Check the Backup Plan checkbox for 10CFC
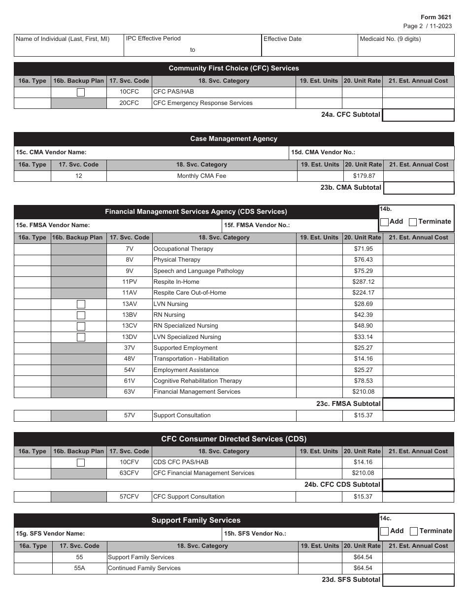[81, 92]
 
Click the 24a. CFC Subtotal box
[418, 115]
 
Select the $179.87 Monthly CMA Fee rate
[364, 176]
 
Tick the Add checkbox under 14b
[385, 222]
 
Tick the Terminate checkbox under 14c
[414, 531]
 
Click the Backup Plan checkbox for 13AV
[81, 304]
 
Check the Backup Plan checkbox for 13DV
[81, 337]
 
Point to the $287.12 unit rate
[364, 282]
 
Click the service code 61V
[129, 381]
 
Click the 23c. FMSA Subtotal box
[418, 404]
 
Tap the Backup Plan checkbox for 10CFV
[81, 463]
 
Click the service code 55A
[79, 568]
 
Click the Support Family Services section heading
[196, 520]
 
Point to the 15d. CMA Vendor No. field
[371, 153]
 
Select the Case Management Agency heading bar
[234, 139]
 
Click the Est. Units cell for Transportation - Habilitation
[319, 359]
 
